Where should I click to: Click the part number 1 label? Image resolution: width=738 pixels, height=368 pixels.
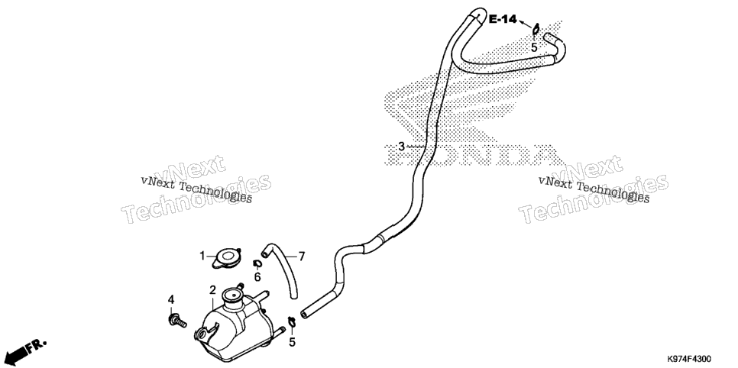tap(202, 256)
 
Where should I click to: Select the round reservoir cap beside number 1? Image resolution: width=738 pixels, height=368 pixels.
tap(227, 259)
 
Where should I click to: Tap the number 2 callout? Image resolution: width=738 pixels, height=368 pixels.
tap(212, 290)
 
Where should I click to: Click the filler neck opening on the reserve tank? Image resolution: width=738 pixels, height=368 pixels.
tap(232, 295)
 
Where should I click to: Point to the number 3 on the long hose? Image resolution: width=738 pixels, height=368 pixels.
tap(401, 147)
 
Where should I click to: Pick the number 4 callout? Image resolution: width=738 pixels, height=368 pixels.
tap(171, 299)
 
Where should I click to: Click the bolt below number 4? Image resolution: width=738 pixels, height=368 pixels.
tap(176, 321)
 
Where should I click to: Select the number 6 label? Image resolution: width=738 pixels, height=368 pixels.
tap(257, 277)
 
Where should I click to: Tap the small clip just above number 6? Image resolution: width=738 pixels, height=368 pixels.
tap(257, 264)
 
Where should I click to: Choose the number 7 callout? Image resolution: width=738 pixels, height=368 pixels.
tap(302, 257)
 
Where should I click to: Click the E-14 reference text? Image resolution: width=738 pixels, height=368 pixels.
tap(502, 19)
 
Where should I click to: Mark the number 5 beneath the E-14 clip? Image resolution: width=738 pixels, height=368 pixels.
tap(534, 47)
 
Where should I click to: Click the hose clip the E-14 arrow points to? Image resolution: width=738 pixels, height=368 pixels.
tap(536, 30)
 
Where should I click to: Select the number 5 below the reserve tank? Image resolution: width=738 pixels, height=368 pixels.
tap(293, 342)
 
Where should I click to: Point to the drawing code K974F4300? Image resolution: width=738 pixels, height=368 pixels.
tap(688, 359)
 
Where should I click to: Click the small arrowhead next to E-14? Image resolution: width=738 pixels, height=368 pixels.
tap(523, 21)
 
